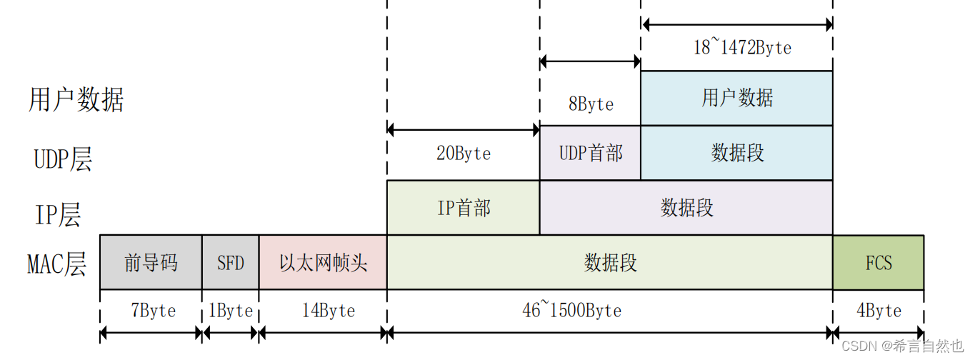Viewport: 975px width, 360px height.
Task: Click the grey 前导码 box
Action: (x=151, y=262)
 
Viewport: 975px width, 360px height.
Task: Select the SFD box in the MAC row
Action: (x=231, y=262)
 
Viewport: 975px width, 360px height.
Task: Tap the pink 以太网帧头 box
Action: (x=323, y=262)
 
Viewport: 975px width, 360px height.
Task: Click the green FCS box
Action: (x=879, y=262)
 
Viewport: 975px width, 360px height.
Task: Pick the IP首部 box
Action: (x=464, y=207)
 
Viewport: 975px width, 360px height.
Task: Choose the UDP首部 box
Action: (x=591, y=152)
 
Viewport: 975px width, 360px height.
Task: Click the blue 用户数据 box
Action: (x=737, y=98)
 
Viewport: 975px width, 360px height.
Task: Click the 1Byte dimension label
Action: (x=230, y=311)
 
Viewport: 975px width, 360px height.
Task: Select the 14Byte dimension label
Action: (x=328, y=311)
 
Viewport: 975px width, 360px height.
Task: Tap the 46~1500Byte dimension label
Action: (x=571, y=311)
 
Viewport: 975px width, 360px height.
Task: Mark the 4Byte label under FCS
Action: (x=879, y=311)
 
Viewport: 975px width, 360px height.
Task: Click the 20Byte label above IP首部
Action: (x=464, y=154)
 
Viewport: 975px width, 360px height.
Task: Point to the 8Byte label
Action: (x=591, y=104)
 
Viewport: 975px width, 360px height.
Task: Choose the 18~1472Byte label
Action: (x=742, y=48)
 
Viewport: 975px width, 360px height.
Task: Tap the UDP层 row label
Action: (x=63, y=159)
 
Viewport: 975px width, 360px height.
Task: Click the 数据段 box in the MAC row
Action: (x=610, y=262)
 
